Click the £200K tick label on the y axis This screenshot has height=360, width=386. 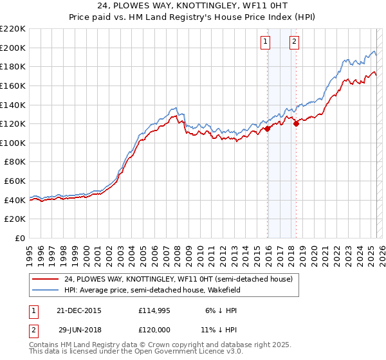(x=13, y=48)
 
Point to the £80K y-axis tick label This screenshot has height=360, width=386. (x=15, y=162)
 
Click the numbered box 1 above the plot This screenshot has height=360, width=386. (x=266, y=42)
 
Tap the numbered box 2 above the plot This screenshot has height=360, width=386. (x=294, y=42)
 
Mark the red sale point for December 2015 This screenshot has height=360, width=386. (x=268, y=129)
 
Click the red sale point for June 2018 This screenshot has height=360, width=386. (x=296, y=124)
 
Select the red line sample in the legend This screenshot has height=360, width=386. (x=46, y=279)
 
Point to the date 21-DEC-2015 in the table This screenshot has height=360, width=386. (x=79, y=310)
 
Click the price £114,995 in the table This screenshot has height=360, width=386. (x=153, y=310)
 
